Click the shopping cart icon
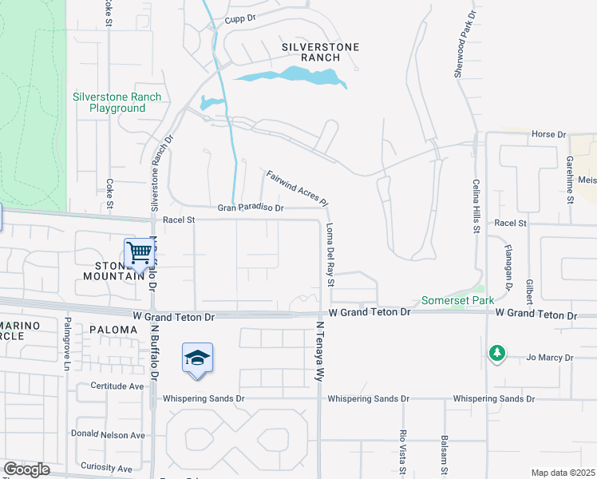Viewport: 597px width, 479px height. [x=140, y=254]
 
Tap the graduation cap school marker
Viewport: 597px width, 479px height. [x=197, y=358]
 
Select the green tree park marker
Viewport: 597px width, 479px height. [x=497, y=352]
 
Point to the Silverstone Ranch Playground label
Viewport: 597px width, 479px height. [x=117, y=102]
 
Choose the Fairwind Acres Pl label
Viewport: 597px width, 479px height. [x=298, y=189]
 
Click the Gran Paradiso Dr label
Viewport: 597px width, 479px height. [x=251, y=208]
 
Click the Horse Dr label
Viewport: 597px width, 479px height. [x=548, y=135]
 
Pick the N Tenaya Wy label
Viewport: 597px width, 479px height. [x=320, y=351]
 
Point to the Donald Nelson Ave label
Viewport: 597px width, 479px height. [x=108, y=435]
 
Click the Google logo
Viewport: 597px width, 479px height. [x=26, y=469]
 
